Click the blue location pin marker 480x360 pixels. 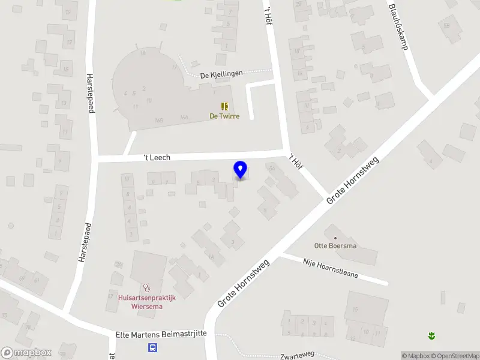point(241,170)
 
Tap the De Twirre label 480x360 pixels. point(224,116)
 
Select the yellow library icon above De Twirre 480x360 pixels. point(224,106)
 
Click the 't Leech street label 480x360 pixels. point(157,157)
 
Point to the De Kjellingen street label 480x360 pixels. point(221,74)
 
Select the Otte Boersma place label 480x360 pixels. point(335,245)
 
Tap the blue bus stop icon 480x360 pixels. point(153,347)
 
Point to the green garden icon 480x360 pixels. point(431,335)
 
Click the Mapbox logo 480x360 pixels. point(26,353)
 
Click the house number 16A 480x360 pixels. point(184,118)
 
